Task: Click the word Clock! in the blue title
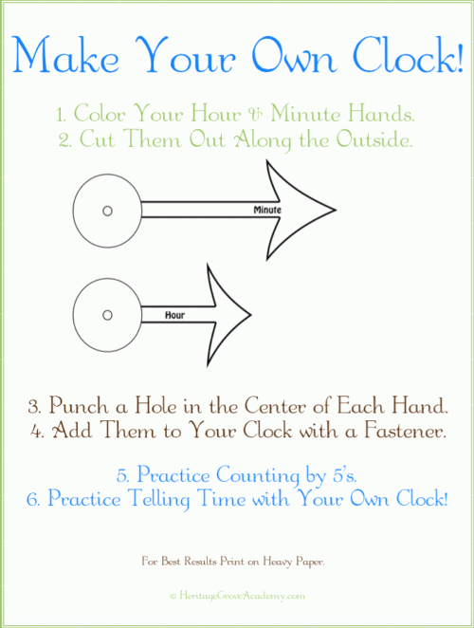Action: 409,55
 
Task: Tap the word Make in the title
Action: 66,55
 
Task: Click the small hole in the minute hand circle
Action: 107,211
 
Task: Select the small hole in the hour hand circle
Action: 107,315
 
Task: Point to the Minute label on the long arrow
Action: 267,210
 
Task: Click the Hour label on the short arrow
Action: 175,315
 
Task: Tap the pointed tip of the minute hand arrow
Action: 336,210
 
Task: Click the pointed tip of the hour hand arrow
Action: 251,315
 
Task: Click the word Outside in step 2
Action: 374,139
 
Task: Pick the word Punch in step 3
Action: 79,406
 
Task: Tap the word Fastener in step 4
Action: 405,431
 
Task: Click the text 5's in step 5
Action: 344,475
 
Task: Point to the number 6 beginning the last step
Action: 32,500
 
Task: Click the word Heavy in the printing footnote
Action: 277,562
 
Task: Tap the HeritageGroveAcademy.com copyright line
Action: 237,596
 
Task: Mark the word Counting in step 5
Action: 258,476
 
